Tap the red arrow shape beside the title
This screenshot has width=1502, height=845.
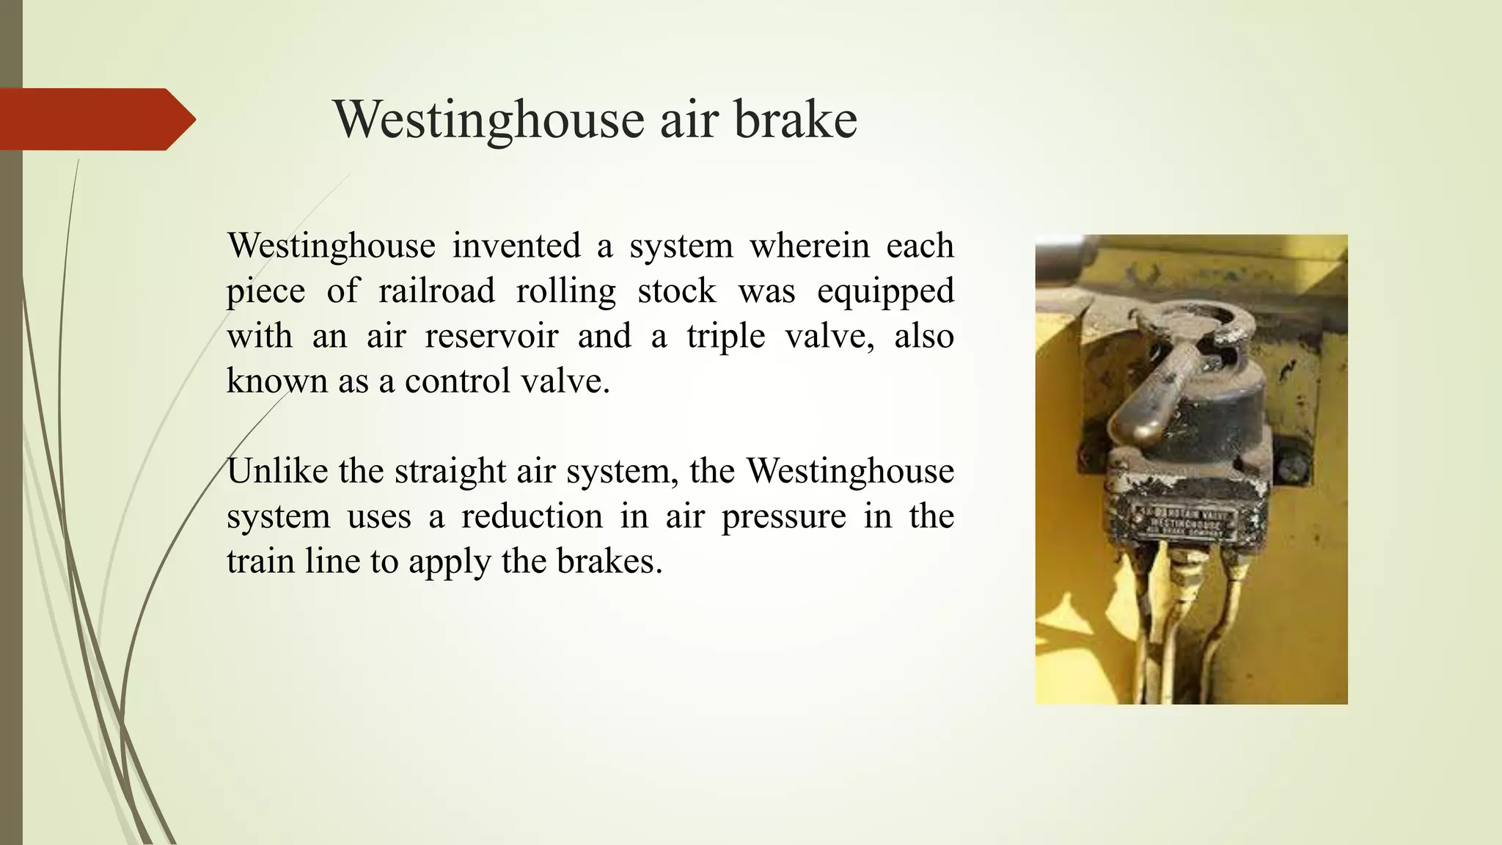[x=95, y=119]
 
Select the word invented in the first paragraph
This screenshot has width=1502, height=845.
[x=516, y=245]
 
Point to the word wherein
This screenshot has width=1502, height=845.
[x=809, y=245]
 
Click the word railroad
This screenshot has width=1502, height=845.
[x=436, y=290]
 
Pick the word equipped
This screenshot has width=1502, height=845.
[x=885, y=292]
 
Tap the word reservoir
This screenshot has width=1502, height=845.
[x=491, y=336]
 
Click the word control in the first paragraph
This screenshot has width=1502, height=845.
[x=457, y=381]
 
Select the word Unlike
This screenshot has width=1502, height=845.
[x=277, y=471]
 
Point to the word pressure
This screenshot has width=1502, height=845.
[x=783, y=517]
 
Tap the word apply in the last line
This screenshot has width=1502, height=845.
[x=450, y=563]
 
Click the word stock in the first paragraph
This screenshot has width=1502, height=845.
[x=676, y=290]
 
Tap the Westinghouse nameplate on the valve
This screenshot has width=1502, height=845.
[x=1185, y=523]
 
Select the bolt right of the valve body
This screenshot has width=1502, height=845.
[x=1289, y=466]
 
